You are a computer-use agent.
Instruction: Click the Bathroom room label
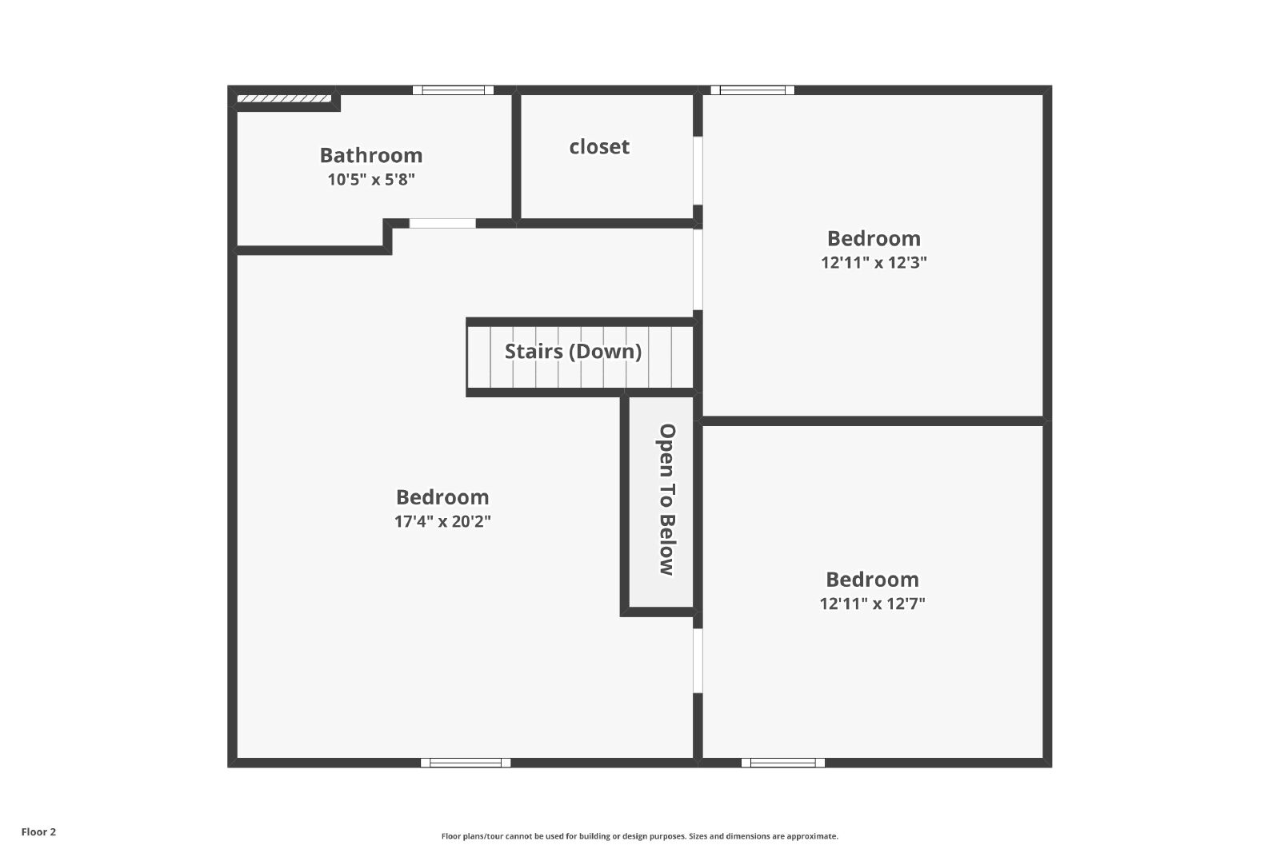pyautogui.click(x=371, y=155)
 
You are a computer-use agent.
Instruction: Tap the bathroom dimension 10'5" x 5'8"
pyautogui.click(x=371, y=179)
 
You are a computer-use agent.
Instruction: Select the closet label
pyautogui.click(x=599, y=147)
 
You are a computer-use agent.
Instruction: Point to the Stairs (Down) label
pyautogui.click(x=573, y=351)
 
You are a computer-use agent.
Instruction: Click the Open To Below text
pyautogui.click(x=667, y=500)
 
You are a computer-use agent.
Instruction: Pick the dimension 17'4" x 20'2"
pyautogui.click(x=442, y=521)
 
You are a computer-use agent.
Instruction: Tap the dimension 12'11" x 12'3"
pyautogui.click(x=874, y=262)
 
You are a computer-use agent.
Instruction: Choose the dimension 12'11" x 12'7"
pyautogui.click(x=872, y=604)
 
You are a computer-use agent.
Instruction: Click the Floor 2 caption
pyautogui.click(x=39, y=832)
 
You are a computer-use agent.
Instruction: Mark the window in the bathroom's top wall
pyautogui.click(x=453, y=90)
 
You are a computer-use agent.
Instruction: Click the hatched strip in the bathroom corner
pyautogui.click(x=284, y=99)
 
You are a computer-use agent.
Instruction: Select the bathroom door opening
pyautogui.click(x=442, y=223)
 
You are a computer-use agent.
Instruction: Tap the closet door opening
pyautogui.click(x=698, y=170)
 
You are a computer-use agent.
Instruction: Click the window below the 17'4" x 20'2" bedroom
pyautogui.click(x=465, y=763)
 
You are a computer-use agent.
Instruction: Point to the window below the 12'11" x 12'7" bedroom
pyautogui.click(x=783, y=763)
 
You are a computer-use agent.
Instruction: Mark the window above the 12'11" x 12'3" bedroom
pyautogui.click(x=753, y=90)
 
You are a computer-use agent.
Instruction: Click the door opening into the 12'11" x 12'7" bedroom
pyautogui.click(x=698, y=661)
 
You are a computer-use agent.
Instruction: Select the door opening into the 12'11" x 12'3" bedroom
pyautogui.click(x=698, y=269)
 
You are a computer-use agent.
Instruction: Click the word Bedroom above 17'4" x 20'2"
pyautogui.click(x=442, y=497)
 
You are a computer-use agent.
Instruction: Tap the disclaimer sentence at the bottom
pyautogui.click(x=639, y=836)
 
